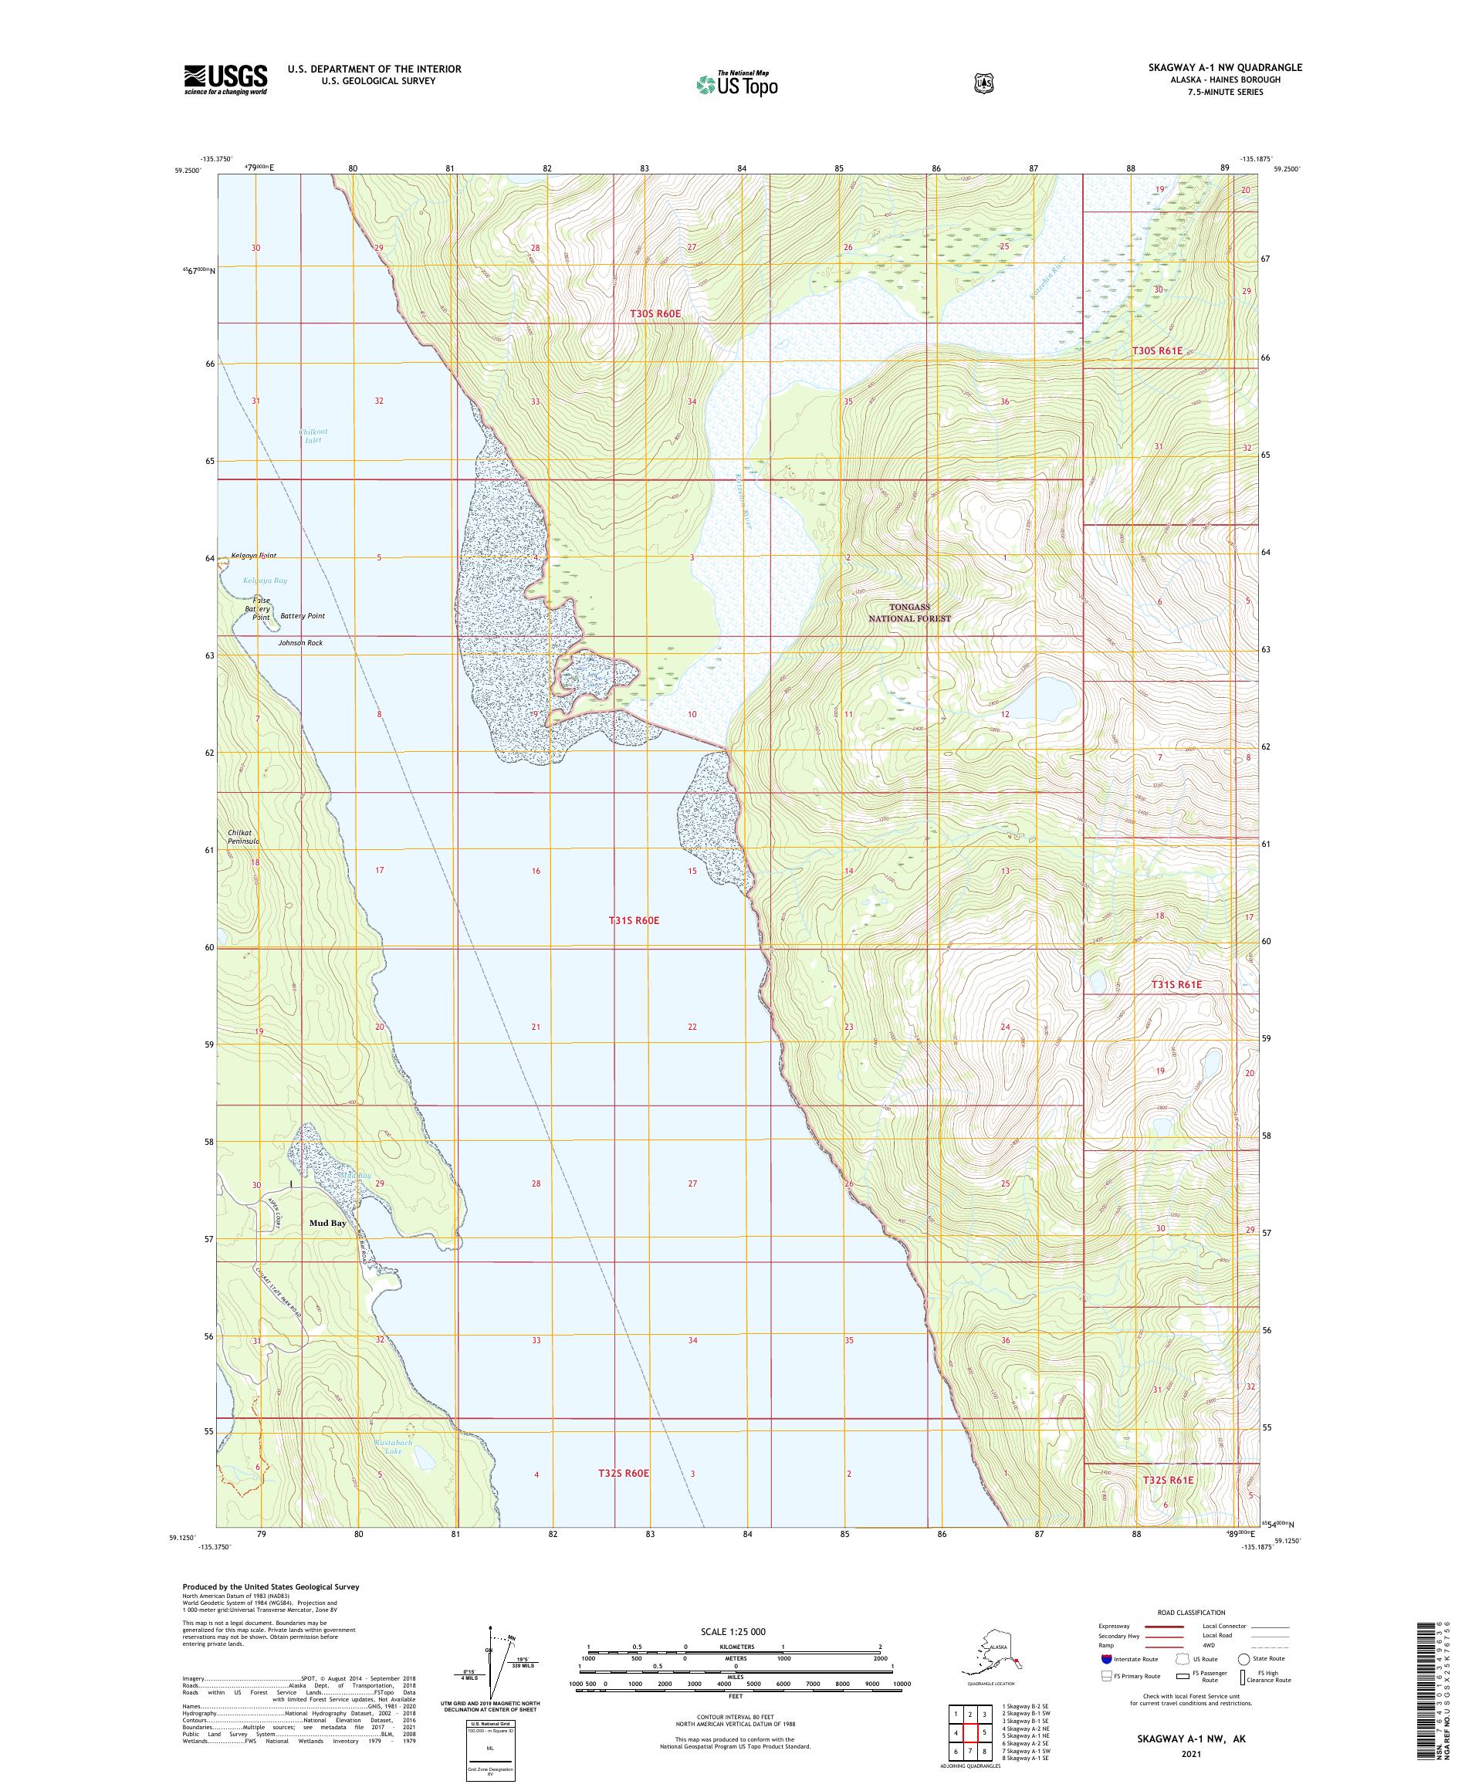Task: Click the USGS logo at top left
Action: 225,80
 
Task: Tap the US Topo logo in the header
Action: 736,83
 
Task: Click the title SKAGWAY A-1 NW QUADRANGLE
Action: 1224,67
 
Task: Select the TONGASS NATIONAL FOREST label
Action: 909,612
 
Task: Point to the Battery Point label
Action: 302,616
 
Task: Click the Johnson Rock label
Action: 300,643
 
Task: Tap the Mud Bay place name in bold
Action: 327,1223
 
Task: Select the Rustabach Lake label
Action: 392,1447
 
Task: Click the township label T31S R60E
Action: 634,921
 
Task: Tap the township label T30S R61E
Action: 1156,350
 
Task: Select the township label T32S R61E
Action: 1167,1481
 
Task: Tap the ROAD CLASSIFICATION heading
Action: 1190,1613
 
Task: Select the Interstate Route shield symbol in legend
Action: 1107,1659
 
